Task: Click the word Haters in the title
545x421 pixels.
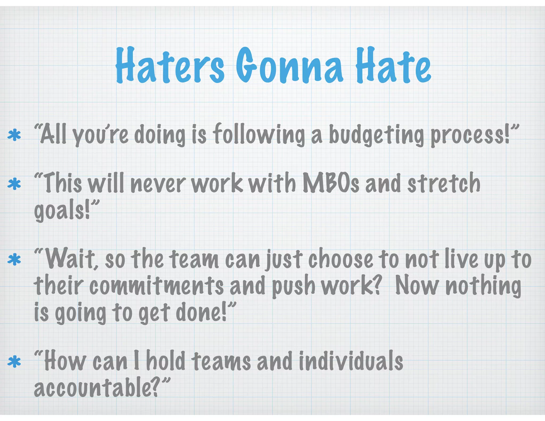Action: [x=170, y=65]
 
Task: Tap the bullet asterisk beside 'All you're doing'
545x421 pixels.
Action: [x=14, y=135]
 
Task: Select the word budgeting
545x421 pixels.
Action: [x=376, y=135]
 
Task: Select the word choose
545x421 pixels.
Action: [x=341, y=259]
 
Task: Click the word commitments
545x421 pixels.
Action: [x=156, y=286]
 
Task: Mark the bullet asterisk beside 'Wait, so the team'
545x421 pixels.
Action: [x=14, y=260]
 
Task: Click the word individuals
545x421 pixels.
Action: [x=351, y=361]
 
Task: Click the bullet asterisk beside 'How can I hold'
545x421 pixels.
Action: [x=14, y=362]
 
